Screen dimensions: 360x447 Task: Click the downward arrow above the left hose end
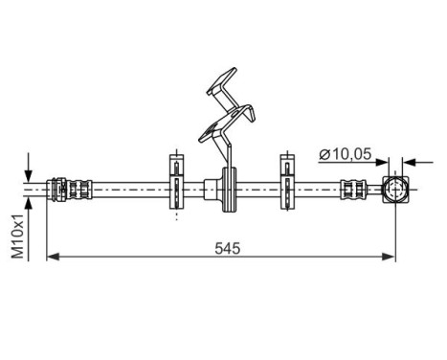[x=30, y=166]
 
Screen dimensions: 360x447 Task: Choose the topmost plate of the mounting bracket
[x=223, y=81]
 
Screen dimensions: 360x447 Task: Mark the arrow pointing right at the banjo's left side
[x=376, y=160]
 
